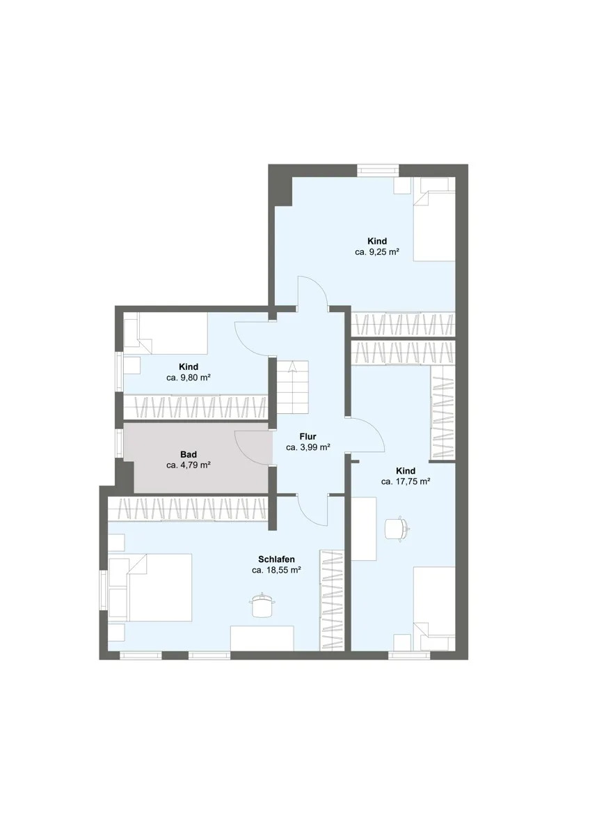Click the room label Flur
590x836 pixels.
pos(308,436)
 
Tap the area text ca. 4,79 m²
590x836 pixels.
pos(189,465)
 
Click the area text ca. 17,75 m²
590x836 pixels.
pos(406,481)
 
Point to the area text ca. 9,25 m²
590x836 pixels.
pos(377,252)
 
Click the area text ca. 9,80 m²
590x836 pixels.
pos(189,378)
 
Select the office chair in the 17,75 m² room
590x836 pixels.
pos(398,527)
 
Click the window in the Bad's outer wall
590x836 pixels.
pos(119,443)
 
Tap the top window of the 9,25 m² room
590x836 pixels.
pos(378,170)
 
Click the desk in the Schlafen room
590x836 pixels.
pos(262,638)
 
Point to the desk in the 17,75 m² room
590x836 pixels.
pos(364,529)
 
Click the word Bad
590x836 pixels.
pos(189,454)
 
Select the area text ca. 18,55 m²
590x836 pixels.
pos(276,570)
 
